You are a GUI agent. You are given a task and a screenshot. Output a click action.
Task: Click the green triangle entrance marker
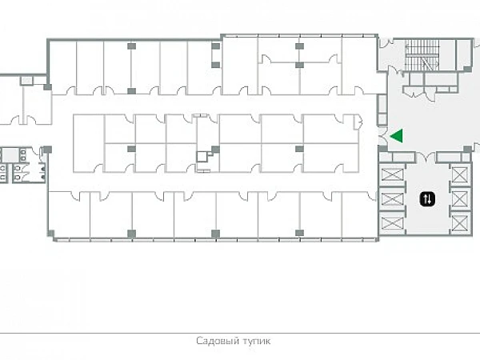pyautogui.click(x=398, y=136)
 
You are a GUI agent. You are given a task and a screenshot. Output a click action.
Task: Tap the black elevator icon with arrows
pyautogui.click(x=427, y=199)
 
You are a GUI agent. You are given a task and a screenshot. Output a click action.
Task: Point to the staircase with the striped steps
pyautogui.click(x=422, y=55)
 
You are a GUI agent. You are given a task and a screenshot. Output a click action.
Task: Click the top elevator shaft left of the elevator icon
pyautogui.click(x=392, y=174)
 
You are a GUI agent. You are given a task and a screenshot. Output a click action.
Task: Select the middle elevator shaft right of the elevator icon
pyautogui.click(x=460, y=199)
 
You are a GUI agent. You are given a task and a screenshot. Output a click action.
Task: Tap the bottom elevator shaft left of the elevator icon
pyautogui.click(x=392, y=223)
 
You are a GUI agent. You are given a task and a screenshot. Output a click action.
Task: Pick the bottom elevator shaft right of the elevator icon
pyautogui.click(x=460, y=223)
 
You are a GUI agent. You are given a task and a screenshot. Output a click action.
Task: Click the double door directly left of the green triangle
pyautogui.click(x=382, y=136)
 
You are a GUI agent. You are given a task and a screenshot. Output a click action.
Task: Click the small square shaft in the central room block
pyautogui.click(x=202, y=157)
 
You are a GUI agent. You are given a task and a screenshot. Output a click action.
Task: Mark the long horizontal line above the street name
pyautogui.click(x=240, y=333)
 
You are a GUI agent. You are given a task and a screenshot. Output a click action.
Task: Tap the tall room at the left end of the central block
pyautogui.click(x=89, y=143)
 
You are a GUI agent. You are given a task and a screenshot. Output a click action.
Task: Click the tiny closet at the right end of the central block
pyautogui.click(x=358, y=122)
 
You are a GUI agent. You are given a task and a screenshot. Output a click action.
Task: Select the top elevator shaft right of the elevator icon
pyautogui.click(x=460, y=174)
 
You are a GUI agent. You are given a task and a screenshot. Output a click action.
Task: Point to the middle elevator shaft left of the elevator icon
pyautogui.click(x=392, y=199)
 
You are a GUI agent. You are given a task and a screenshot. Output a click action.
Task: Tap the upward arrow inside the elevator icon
pyautogui.click(x=426, y=199)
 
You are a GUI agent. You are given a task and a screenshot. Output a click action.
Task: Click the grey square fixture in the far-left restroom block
pyautogui.click(x=10, y=155)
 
